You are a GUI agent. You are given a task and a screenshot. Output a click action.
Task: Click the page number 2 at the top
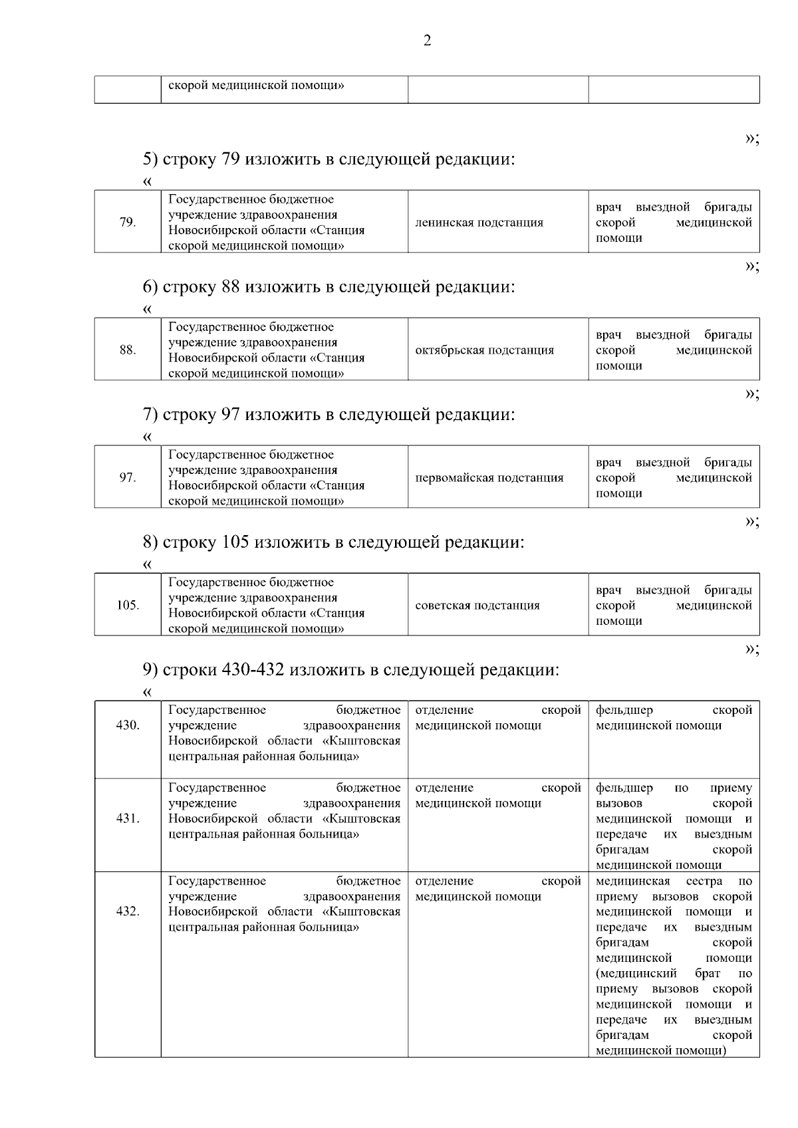pyautogui.click(x=427, y=41)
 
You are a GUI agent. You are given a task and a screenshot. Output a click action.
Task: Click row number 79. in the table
pyautogui.click(x=128, y=223)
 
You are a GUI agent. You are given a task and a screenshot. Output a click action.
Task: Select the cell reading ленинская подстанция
pyautogui.click(x=479, y=223)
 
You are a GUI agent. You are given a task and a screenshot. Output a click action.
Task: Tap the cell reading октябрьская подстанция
pyautogui.click(x=484, y=350)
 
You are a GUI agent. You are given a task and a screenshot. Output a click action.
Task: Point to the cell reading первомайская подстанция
pyautogui.click(x=489, y=478)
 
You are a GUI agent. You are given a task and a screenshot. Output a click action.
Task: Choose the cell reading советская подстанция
pyautogui.click(x=477, y=606)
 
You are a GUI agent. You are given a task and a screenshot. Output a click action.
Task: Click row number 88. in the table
pyautogui.click(x=128, y=350)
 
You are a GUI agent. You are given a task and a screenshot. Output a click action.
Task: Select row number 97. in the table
pyautogui.click(x=128, y=478)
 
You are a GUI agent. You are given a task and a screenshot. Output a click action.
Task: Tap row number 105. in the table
pyautogui.click(x=128, y=606)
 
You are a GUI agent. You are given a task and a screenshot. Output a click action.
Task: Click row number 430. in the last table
pyautogui.click(x=128, y=725)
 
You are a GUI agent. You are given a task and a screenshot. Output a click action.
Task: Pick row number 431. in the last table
pyautogui.click(x=128, y=818)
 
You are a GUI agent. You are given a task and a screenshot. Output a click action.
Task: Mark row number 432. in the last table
pyautogui.click(x=128, y=911)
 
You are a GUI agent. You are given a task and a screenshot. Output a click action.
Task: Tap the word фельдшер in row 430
pyautogui.click(x=624, y=711)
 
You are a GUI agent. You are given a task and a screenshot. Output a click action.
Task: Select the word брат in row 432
pyautogui.click(x=708, y=974)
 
